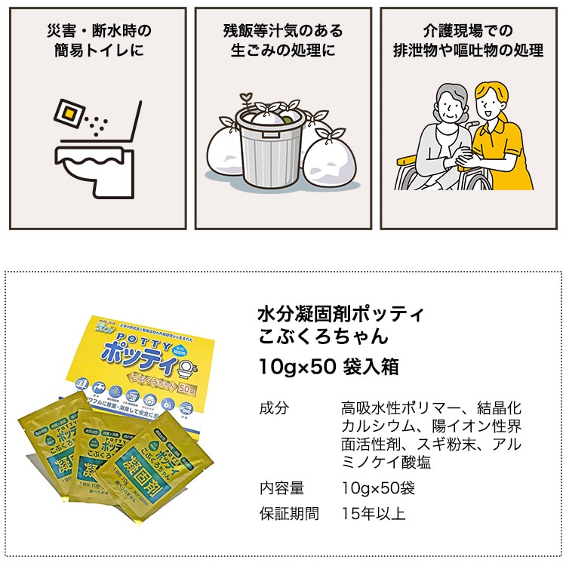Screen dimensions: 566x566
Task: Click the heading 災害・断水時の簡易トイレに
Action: [x=97, y=41]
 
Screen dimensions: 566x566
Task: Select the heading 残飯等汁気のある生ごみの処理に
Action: [x=283, y=41]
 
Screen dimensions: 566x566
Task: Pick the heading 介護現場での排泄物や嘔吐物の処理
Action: [x=468, y=41]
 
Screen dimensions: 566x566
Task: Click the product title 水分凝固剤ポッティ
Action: [x=340, y=313]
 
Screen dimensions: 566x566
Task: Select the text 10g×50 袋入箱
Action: [x=328, y=367]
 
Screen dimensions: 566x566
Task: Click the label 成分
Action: [x=273, y=408]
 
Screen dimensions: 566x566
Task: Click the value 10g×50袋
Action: [x=377, y=488]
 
